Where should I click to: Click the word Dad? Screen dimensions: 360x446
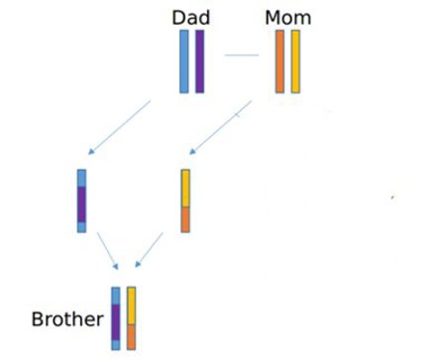[x=190, y=17]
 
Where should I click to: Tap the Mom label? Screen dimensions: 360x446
[x=287, y=17]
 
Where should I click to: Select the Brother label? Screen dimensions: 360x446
[x=67, y=319]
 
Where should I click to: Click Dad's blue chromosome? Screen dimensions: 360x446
[x=184, y=61]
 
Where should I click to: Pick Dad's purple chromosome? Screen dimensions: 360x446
[x=199, y=61]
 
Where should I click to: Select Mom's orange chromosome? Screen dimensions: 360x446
[x=280, y=61]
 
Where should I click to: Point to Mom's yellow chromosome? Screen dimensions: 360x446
[x=295, y=61]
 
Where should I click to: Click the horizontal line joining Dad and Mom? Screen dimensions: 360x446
[x=240, y=55]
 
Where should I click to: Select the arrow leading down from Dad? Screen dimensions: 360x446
[x=119, y=127]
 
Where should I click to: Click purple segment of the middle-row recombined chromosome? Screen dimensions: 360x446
[x=82, y=204]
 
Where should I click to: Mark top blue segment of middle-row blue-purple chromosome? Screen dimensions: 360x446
[x=82, y=178]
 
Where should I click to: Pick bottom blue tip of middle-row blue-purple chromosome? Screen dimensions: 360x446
[x=82, y=227]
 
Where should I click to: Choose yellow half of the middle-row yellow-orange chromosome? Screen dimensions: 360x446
[x=185, y=187]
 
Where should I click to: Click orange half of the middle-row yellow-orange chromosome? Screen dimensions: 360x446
[x=185, y=219]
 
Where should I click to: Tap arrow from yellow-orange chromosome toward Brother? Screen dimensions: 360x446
[x=149, y=250]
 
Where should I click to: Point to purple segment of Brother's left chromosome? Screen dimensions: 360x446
[x=116, y=322]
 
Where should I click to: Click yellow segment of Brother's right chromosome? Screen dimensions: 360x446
[x=131, y=305]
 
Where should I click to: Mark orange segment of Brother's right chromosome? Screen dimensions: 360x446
[x=131, y=336]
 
